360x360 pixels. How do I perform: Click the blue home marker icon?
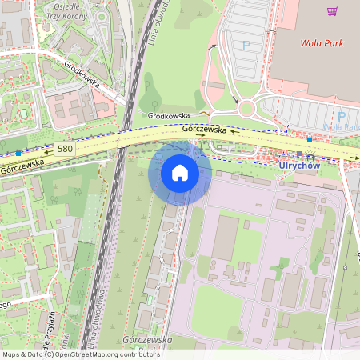(x=180, y=173)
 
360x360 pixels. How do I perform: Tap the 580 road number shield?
(x=65, y=149)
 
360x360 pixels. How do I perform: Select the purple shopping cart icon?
(x=332, y=11)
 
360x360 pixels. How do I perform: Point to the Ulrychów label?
(x=299, y=165)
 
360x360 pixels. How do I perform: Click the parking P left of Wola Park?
(x=246, y=46)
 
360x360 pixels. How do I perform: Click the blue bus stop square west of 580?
(x=18, y=152)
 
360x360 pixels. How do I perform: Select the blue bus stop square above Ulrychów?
(x=309, y=139)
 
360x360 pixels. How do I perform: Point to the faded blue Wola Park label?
(x=341, y=127)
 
